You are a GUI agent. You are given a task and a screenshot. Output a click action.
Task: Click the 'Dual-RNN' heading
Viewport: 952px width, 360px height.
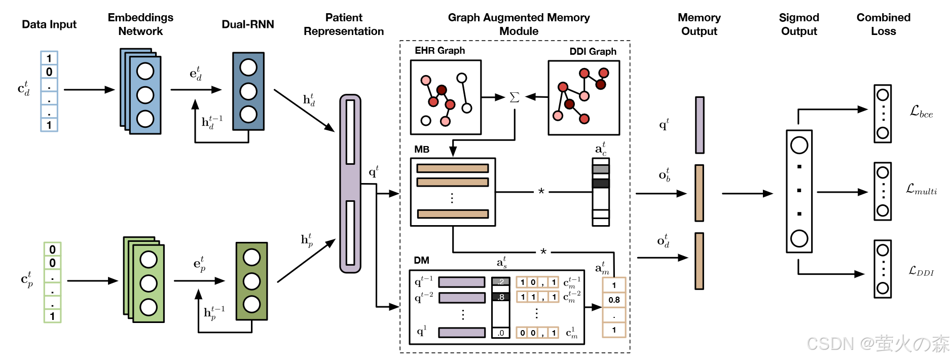247,24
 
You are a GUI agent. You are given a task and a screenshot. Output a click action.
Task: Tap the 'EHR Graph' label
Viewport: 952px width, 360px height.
440,51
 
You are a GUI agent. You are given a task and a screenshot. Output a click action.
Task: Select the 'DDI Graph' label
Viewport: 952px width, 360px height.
593,52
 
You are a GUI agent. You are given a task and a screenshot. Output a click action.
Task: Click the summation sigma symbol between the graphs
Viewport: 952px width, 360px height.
514,97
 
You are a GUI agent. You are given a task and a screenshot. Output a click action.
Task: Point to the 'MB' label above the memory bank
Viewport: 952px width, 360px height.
422,150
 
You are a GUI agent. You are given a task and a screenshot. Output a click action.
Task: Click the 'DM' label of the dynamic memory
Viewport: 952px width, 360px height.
421,261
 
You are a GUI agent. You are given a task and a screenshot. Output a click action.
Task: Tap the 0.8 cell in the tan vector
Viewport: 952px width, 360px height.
614,300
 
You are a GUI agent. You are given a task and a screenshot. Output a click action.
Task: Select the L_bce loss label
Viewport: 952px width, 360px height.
921,112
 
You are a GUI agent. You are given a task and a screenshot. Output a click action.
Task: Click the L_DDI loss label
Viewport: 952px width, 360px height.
921,272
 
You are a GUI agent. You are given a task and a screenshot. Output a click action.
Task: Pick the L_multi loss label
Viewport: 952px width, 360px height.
921,190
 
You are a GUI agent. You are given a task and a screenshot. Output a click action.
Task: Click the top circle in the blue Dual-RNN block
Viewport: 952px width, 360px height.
248,67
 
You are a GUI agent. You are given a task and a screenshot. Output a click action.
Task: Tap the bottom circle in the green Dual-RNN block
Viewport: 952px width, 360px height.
251,304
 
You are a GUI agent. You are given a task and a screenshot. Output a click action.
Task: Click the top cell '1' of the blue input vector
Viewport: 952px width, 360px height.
49,58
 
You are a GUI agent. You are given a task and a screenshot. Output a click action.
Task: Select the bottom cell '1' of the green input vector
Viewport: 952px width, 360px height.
52,316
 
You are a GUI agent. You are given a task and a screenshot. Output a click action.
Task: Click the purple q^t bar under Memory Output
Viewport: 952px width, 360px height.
700,125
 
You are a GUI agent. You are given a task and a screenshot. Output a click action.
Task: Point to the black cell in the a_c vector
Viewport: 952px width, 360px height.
601,183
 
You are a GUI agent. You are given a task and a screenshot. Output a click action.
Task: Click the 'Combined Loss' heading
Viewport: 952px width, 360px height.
883,24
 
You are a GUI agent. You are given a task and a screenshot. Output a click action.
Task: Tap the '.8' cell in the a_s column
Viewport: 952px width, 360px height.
501,297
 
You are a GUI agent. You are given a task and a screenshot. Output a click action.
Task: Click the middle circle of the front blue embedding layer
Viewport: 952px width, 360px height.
145,95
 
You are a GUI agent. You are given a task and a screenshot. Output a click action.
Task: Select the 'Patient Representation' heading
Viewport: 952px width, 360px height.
344,24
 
